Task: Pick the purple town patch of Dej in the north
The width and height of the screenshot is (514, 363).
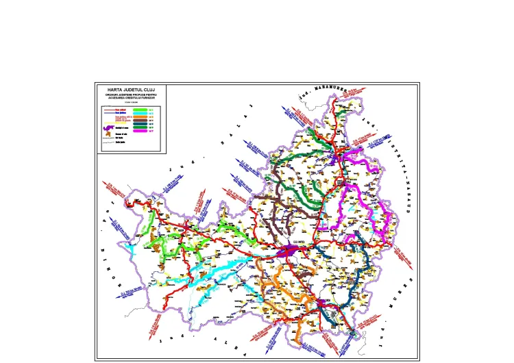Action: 337,158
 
